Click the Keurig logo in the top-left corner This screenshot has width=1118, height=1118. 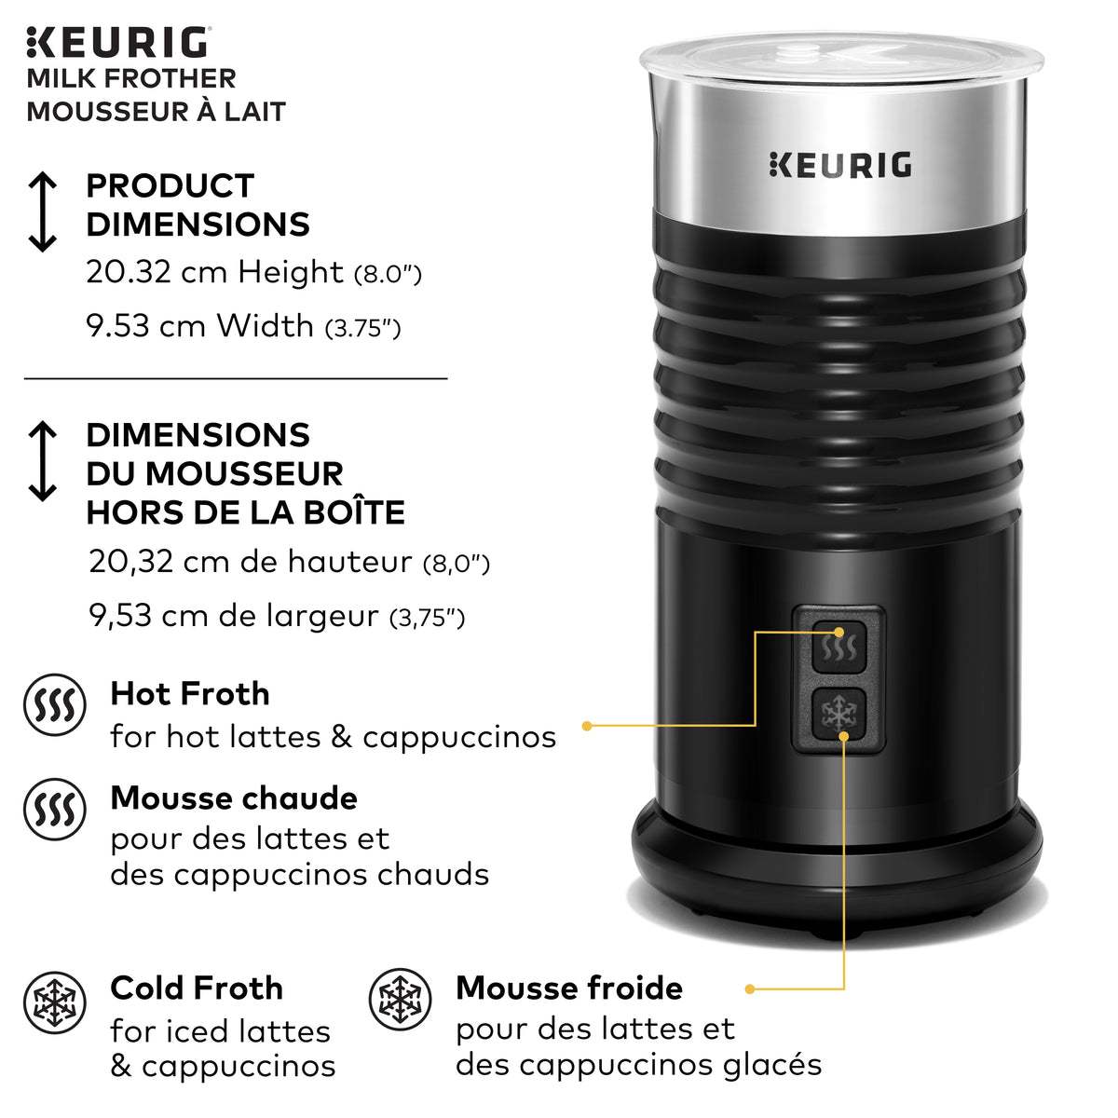(118, 43)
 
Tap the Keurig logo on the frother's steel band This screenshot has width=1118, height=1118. (840, 165)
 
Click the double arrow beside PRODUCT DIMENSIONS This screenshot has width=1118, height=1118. (43, 212)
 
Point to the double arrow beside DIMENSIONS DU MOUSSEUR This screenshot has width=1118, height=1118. (43, 461)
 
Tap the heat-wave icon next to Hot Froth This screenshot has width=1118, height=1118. (54, 705)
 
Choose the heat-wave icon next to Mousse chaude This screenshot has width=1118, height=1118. (54, 810)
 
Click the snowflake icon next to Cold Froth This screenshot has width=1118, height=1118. (54, 1003)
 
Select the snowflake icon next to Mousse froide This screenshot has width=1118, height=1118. (401, 999)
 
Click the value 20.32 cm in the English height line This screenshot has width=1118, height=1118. (157, 272)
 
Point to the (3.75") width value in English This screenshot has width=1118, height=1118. (362, 328)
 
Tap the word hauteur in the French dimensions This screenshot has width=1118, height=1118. (349, 562)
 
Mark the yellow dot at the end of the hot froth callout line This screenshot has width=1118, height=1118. (587, 725)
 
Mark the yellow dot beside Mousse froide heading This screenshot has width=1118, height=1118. (749, 988)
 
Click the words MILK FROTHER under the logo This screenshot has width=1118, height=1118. (131, 78)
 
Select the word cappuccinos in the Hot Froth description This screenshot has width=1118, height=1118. (459, 737)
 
